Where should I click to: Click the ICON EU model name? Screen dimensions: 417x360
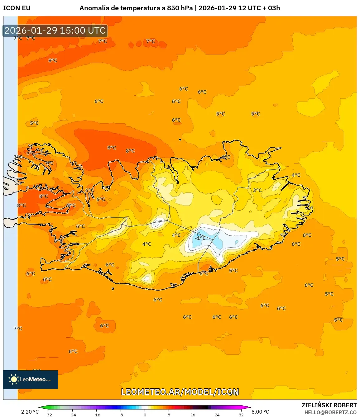[x=17, y=8]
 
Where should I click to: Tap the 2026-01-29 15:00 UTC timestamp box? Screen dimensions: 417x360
[x=55, y=31]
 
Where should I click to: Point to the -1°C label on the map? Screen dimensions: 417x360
[x=200, y=238]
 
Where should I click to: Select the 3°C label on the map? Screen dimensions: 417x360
[x=257, y=190]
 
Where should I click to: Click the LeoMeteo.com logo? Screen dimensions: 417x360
[x=31, y=379]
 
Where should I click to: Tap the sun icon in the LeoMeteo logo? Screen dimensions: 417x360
[x=14, y=379]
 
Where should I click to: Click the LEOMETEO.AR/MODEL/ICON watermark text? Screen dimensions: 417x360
[x=180, y=392]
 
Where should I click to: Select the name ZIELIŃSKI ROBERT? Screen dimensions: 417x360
[x=329, y=405]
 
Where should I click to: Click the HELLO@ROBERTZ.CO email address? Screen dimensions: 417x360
[x=330, y=412]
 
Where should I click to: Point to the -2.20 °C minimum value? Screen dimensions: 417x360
[x=29, y=412]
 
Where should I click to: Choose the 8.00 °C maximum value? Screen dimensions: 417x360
[x=260, y=412]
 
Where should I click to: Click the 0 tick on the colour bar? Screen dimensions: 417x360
[x=145, y=415]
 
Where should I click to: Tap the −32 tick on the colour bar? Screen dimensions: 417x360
[x=48, y=415]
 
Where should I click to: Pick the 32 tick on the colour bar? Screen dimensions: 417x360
[x=241, y=415]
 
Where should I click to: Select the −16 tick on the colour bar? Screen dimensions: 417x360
[x=97, y=415]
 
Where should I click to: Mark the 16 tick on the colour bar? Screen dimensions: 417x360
[x=193, y=415]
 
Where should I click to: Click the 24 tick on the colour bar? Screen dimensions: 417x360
[x=217, y=415]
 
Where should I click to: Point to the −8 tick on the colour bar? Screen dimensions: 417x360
[x=121, y=415]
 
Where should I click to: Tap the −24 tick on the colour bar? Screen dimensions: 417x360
[x=72, y=415]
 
